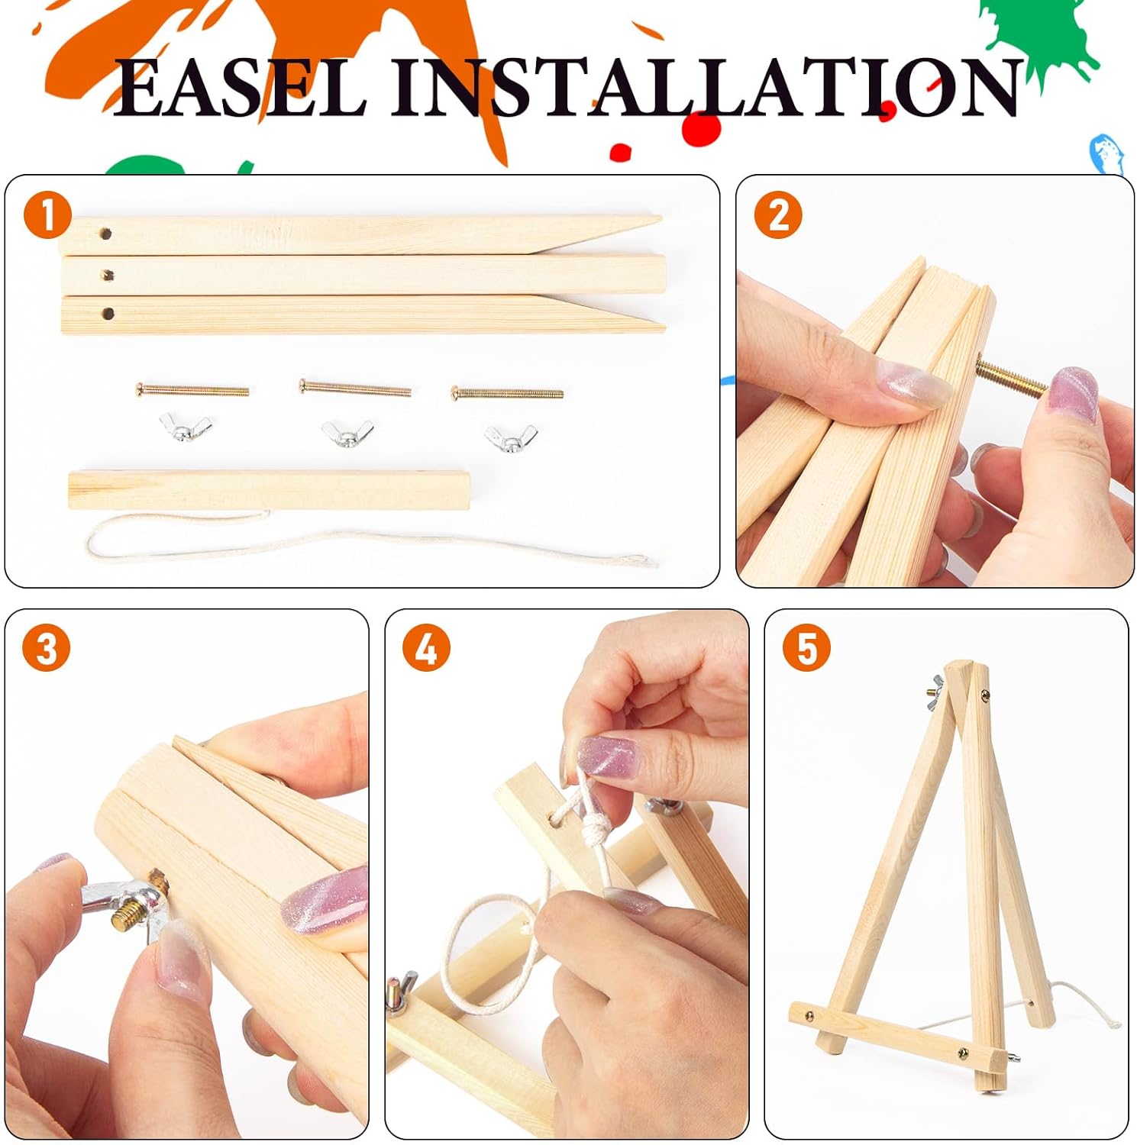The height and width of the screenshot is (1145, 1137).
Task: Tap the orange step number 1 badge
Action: tap(47, 214)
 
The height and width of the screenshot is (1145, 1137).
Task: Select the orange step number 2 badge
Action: tap(777, 214)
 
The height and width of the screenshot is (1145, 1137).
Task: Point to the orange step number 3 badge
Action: tap(46, 649)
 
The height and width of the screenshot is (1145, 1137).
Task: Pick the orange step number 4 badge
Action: tap(426, 649)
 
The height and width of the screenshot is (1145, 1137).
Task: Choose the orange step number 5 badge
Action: tap(806, 649)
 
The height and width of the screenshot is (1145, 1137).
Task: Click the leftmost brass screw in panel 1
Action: tap(192, 390)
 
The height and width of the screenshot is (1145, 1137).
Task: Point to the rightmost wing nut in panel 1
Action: tap(510, 437)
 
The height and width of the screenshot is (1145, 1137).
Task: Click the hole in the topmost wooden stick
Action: tap(106, 233)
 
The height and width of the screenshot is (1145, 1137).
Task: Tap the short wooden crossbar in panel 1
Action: tap(270, 490)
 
